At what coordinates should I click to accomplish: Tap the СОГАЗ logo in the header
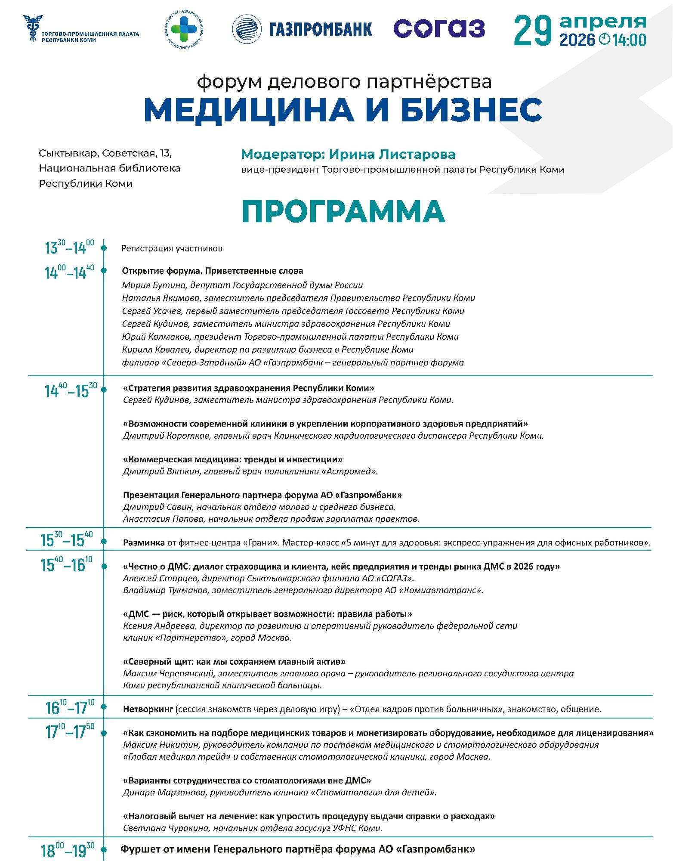pyautogui.click(x=439, y=29)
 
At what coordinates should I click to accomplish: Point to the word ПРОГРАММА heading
pyautogui.click(x=343, y=211)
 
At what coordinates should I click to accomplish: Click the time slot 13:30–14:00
pyautogui.click(x=69, y=248)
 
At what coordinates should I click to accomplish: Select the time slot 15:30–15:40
pyautogui.click(x=67, y=540)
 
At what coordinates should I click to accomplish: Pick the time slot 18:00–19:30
pyautogui.click(x=68, y=850)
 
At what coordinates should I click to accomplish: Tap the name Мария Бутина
pyautogui.click(x=147, y=285)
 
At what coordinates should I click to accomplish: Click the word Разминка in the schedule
pyautogui.click(x=144, y=542)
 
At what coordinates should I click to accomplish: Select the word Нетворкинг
pyautogui.click(x=148, y=709)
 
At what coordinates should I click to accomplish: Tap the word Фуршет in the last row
pyautogui.click(x=138, y=849)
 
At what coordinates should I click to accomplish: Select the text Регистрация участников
pyautogui.click(x=172, y=248)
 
